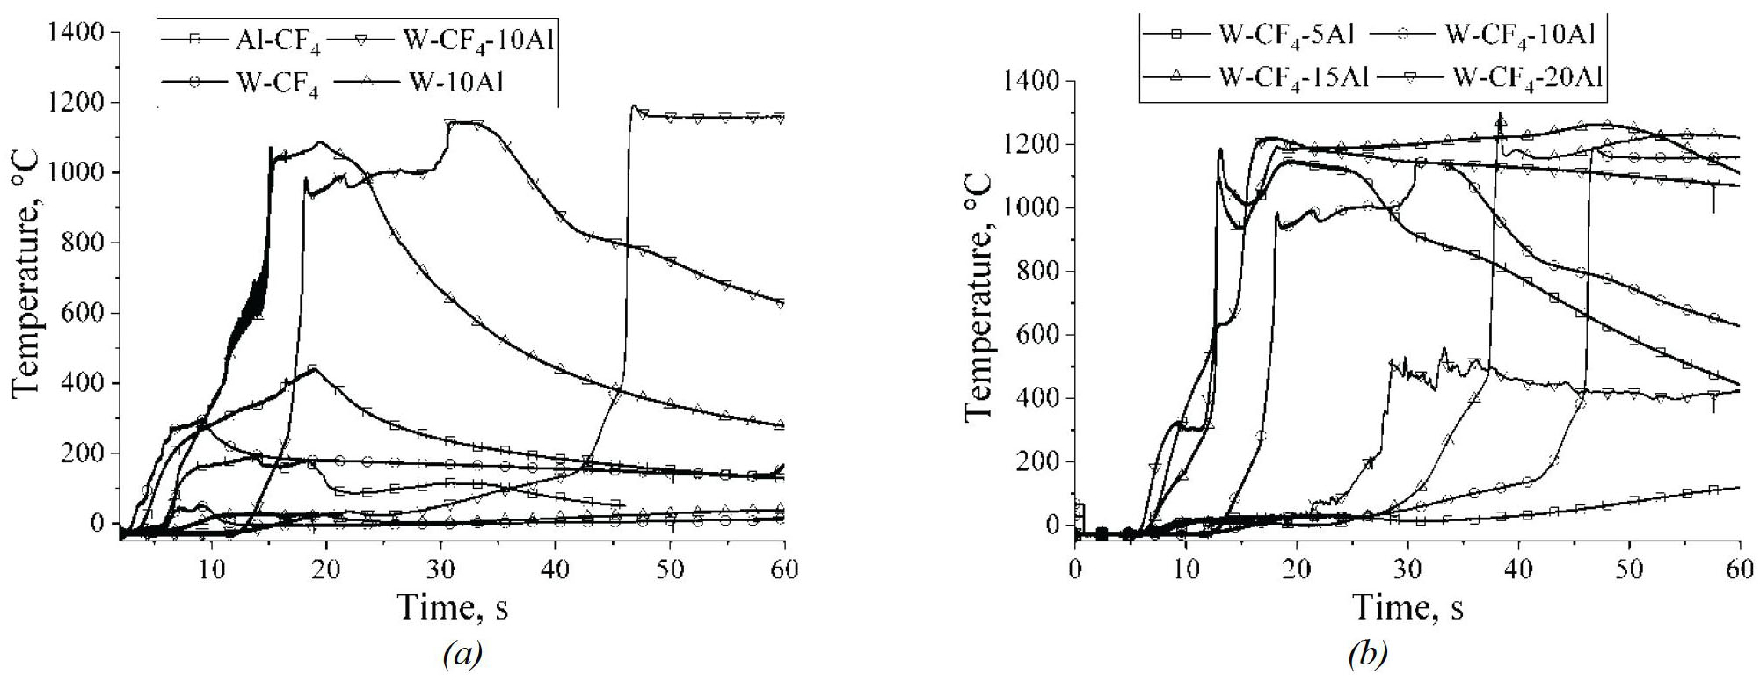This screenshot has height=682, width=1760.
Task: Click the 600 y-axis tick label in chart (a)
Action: point(85,313)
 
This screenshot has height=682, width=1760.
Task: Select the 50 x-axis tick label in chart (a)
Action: point(670,570)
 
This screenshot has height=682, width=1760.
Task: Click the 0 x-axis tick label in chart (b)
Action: point(1075,569)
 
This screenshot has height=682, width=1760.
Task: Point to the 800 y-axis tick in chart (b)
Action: point(1039,272)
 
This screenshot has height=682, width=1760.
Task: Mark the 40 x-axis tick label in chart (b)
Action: point(1518,569)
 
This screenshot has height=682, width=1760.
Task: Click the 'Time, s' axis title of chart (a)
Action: point(452,607)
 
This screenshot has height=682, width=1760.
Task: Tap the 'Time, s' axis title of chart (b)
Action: point(1407,607)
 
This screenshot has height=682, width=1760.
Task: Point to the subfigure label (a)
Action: point(463,654)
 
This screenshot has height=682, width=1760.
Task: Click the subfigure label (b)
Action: point(1368,654)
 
